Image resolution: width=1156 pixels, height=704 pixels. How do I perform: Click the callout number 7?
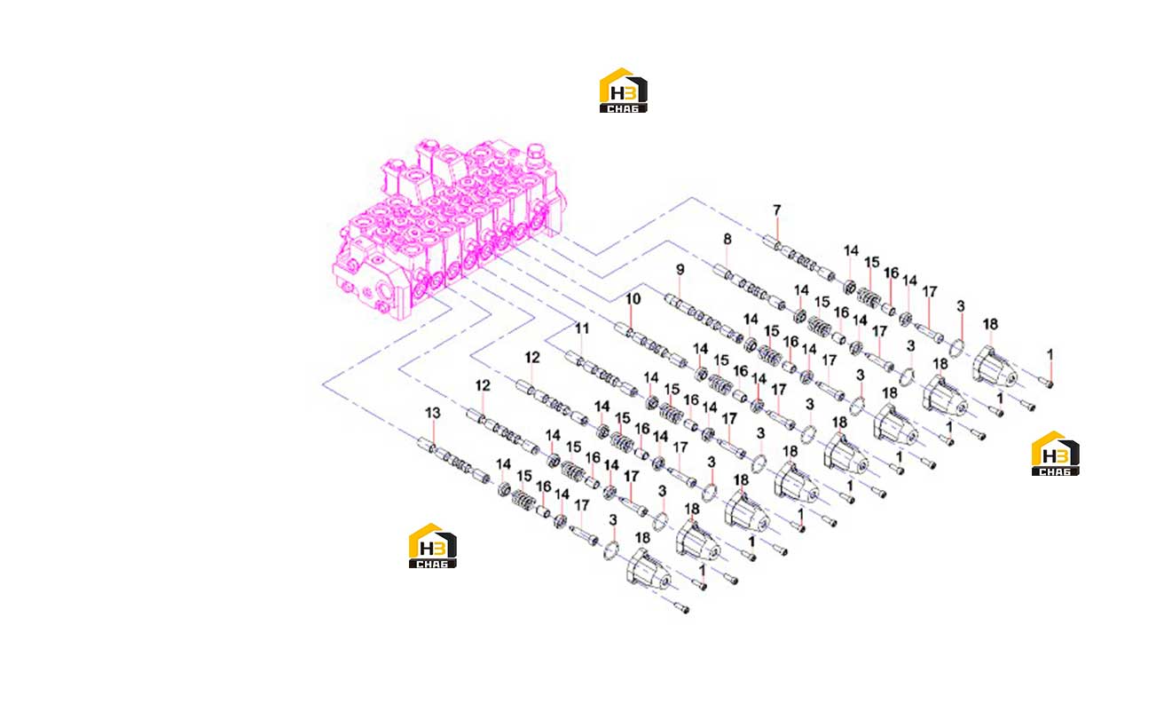click(776, 210)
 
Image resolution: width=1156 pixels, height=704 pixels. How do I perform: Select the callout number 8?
click(727, 239)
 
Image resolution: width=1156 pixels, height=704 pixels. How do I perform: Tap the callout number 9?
click(680, 270)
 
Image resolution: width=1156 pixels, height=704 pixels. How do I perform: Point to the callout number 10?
click(633, 299)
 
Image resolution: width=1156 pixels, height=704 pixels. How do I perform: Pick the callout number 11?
click(582, 328)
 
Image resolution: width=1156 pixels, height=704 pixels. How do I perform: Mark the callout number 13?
click(432, 413)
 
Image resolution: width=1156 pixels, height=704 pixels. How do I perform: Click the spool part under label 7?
click(798, 257)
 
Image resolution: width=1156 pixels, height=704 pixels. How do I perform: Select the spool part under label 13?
click(454, 460)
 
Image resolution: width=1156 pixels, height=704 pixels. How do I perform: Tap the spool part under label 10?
click(651, 345)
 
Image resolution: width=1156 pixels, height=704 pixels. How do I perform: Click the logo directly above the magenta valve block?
click(623, 91)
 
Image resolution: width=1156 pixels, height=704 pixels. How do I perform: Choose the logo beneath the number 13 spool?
click(432, 546)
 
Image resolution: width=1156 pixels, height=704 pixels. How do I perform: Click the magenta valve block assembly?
click(447, 229)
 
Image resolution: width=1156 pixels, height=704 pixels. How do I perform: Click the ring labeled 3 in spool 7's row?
click(956, 348)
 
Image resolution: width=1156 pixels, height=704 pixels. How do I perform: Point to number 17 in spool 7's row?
click(930, 292)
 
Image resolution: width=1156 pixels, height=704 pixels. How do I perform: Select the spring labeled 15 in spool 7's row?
click(869, 297)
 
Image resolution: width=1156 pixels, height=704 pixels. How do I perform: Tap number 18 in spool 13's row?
click(642, 538)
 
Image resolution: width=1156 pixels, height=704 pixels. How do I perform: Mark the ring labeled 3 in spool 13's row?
click(610, 550)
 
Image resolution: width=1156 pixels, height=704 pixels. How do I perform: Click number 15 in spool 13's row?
click(523, 476)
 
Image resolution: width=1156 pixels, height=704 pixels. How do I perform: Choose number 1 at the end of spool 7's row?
click(1050, 355)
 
